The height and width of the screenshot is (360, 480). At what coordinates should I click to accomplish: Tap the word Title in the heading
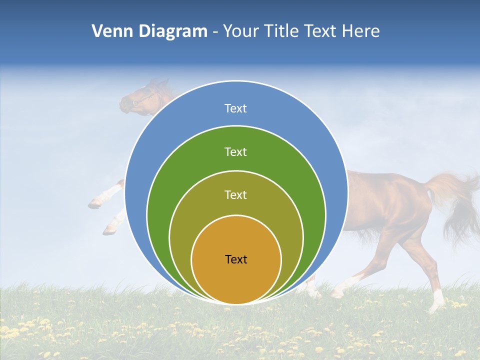(287, 31)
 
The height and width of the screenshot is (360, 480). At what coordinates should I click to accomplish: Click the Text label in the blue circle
(235, 108)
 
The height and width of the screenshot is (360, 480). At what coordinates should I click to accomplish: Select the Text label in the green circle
(235, 152)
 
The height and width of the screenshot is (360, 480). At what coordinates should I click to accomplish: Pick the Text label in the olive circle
(235, 195)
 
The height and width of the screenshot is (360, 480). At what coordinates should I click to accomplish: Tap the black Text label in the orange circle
(236, 259)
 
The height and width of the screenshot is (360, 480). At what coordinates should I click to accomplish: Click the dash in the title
(214, 31)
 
